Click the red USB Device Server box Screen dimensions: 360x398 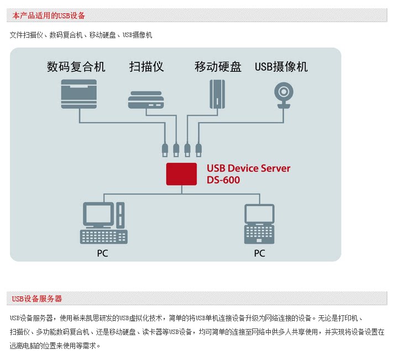(182, 174)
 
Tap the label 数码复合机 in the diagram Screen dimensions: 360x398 (76, 67)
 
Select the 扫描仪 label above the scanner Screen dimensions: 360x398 (146, 67)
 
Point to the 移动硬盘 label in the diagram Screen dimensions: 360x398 (218, 67)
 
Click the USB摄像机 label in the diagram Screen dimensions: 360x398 (281, 67)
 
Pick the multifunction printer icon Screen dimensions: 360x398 (79, 93)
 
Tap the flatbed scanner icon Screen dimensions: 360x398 (146, 100)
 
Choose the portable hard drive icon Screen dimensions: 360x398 (218, 95)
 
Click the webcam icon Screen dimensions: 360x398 (284, 95)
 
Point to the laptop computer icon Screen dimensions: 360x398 (260, 224)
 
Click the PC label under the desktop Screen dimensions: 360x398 (102, 253)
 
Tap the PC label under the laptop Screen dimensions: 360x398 (259, 253)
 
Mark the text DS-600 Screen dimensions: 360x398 (223, 180)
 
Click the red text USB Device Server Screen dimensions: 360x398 (248, 168)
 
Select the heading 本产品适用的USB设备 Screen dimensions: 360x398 (49, 15)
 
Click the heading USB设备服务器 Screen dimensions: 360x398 (37, 299)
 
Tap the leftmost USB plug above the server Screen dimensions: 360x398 (165, 149)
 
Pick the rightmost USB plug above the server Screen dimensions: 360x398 (198, 149)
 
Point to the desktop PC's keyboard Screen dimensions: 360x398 (104, 236)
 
